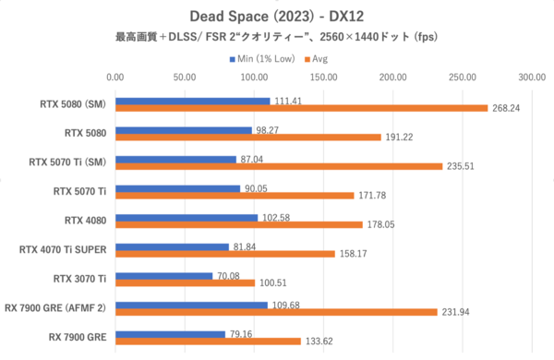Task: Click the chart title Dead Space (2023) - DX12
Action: (x=276, y=16)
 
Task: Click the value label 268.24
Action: (x=509, y=108)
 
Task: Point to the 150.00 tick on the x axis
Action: (x=323, y=78)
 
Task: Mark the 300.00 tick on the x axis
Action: (x=532, y=78)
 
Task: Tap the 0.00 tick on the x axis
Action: (x=115, y=78)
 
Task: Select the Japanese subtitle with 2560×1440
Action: (x=276, y=38)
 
